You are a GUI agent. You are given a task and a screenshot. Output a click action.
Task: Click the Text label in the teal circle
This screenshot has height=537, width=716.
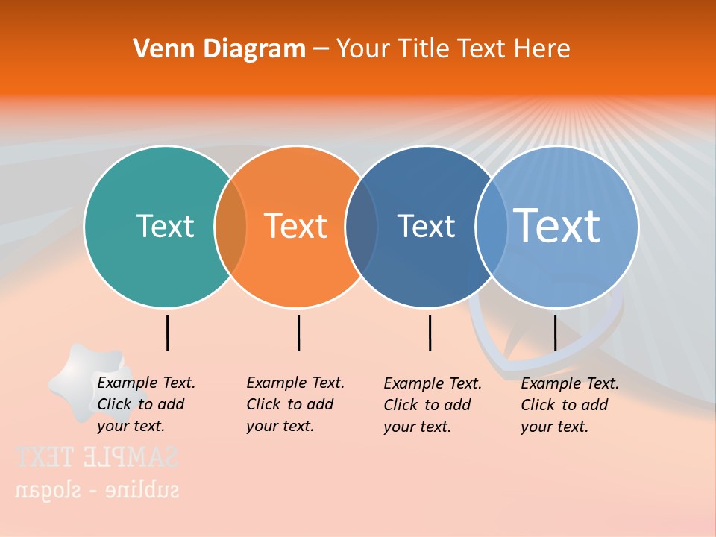point(165,226)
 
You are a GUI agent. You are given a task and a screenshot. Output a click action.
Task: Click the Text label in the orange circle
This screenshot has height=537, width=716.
point(296,226)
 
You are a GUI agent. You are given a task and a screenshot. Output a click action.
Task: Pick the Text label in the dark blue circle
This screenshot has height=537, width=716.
point(426,226)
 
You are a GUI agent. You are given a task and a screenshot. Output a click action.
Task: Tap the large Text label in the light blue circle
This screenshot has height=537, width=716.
point(557,225)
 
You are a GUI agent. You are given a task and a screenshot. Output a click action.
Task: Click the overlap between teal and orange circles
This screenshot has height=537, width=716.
point(230,227)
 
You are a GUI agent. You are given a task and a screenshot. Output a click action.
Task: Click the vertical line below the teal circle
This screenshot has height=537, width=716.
point(168,333)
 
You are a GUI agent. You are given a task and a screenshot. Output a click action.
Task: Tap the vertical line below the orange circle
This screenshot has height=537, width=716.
point(298,333)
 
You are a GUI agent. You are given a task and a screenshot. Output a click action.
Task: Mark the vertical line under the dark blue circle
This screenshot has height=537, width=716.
point(430,333)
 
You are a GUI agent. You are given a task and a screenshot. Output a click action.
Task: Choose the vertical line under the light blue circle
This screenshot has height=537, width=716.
point(555,333)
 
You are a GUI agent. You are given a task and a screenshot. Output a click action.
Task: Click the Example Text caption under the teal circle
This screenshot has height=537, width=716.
point(145,404)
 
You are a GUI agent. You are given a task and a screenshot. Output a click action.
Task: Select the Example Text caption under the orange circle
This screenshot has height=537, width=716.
point(295,404)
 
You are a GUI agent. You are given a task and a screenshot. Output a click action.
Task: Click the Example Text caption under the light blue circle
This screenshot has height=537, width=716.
point(569,405)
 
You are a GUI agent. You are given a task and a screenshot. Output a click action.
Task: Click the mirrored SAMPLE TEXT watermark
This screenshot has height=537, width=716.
point(97,456)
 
